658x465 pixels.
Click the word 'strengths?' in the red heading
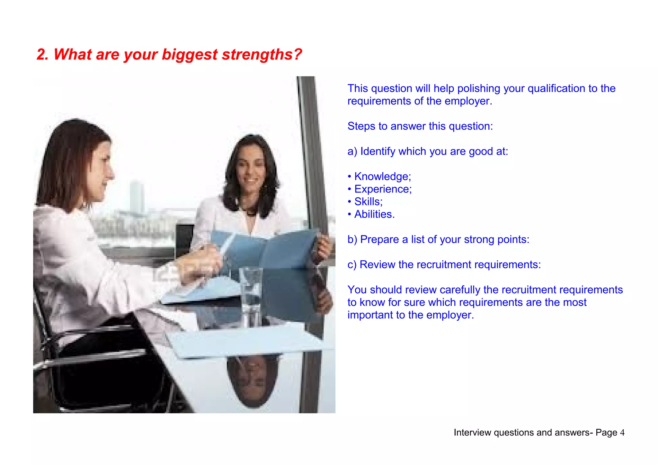[x=262, y=55]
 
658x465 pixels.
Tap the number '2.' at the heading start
[x=42, y=55]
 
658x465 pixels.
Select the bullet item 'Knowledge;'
[x=382, y=176]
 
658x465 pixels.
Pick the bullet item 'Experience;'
[x=383, y=189]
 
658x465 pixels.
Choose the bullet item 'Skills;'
[x=368, y=201]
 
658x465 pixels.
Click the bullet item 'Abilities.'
[x=374, y=214]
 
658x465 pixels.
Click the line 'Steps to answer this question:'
[x=420, y=126]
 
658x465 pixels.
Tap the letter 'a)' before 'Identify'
[x=352, y=151]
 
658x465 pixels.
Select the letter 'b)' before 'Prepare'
[x=352, y=239]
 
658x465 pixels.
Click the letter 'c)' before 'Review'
[x=352, y=264]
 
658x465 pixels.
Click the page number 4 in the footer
[x=622, y=433]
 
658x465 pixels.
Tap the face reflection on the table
[x=252, y=379]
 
